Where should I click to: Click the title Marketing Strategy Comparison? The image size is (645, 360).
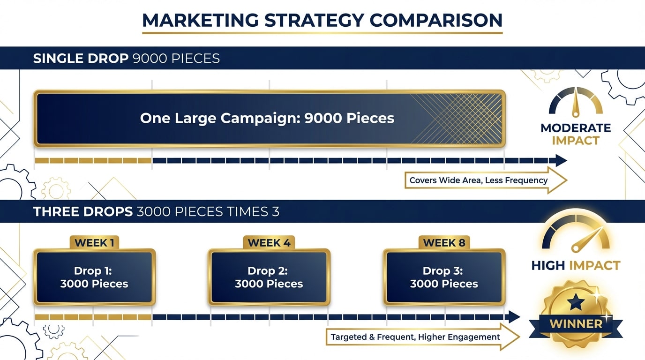click(322, 20)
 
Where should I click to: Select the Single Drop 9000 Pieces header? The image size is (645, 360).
click(126, 59)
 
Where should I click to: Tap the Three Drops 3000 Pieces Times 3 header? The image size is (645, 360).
click(156, 211)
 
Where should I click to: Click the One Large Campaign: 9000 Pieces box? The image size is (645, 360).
click(269, 118)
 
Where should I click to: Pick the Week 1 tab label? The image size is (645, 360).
click(94, 243)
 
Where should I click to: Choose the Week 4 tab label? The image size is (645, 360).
click(269, 243)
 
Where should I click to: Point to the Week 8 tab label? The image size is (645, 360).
click(444, 243)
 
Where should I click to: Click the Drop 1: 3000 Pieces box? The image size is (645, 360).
click(94, 277)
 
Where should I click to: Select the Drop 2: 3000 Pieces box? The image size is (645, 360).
click(269, 277)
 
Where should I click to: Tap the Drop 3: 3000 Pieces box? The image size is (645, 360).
click(444, 277)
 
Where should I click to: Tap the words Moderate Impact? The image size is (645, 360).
click(576, 134)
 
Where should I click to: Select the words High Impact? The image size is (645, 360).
click(576, 266)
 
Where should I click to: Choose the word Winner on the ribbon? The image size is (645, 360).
click(576, 324)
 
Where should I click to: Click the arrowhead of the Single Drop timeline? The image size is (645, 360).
click(561, 161)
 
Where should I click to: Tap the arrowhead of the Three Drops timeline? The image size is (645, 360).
click(514, 317)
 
